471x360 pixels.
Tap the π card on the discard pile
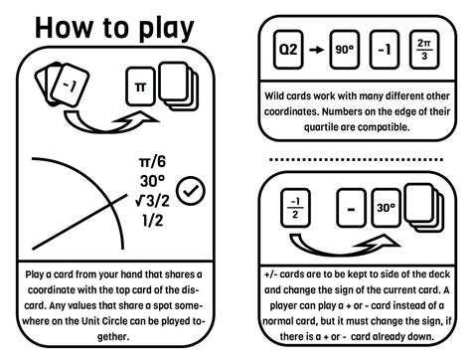139,88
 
